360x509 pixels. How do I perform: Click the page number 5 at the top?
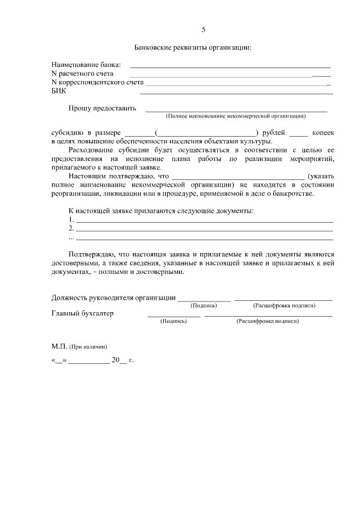204,29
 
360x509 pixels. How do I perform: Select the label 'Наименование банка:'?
86,66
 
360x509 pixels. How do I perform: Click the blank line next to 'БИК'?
236,92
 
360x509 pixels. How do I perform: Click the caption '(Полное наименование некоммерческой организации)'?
236,116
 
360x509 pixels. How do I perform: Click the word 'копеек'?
322,132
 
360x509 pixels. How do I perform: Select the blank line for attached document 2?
204,230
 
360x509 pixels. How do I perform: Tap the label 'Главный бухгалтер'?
82,313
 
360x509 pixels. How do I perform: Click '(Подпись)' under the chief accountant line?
174,321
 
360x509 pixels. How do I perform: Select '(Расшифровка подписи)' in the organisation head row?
283,305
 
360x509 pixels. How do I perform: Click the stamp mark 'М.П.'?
59,346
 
